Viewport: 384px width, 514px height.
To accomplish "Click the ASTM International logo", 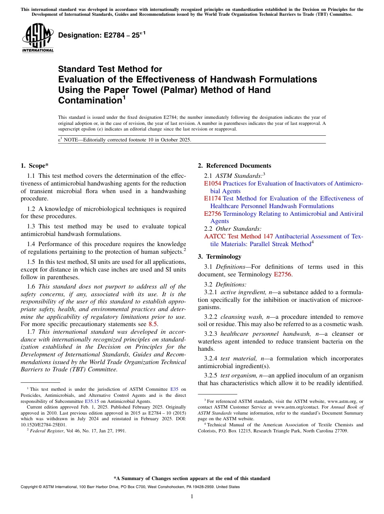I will click(x=38, y=38).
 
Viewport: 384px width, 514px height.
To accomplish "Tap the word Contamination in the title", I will click(x=90, y=100).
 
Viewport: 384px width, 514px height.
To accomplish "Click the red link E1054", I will click(x=212, y=183).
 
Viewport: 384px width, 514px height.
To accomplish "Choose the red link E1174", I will click(x=212, y=198).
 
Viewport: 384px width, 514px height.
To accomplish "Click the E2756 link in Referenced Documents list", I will click(x=212, y=213).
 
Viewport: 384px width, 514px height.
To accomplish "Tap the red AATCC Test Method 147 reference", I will click(x=238, y=236).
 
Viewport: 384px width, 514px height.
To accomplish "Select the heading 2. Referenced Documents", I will click(x=234, y=165).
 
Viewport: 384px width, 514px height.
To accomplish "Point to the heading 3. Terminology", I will click(x=219, y=256).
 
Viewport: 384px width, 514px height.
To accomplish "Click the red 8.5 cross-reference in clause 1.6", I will click(x=153, y=324).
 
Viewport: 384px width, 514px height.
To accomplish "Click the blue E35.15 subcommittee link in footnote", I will click(x=92, y=401).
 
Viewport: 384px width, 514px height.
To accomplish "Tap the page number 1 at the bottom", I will click(x=192, y=497).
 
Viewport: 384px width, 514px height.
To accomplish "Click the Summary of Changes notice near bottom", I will click(x=192, y=478).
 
